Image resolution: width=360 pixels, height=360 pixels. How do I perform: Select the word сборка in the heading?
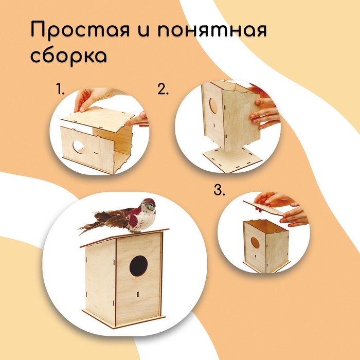click(68, 56)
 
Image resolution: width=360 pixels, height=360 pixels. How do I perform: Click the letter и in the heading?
click(144, 30)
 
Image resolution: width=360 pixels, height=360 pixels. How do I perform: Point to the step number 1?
click(60, 89)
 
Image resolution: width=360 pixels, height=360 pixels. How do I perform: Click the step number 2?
click(163, 89)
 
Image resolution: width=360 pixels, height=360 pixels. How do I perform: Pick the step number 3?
click(219, 190)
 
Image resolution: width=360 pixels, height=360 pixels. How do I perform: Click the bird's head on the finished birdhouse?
click(148, 206)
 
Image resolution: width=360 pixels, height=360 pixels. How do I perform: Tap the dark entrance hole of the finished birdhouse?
click(138, 266)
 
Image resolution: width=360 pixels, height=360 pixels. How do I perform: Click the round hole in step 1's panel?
click(79, 147)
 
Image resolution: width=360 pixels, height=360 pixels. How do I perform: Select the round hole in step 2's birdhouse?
click(213, 105)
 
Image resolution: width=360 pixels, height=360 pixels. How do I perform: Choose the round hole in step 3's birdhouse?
click(255, 243)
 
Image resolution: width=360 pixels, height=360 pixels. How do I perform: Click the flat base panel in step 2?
click(232, 158)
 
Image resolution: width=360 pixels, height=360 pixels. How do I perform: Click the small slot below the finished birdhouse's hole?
click(138, 294)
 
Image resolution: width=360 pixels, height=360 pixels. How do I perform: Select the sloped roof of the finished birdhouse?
click(124, 238)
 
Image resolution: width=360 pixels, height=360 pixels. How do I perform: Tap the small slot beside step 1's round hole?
click(96, 152)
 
